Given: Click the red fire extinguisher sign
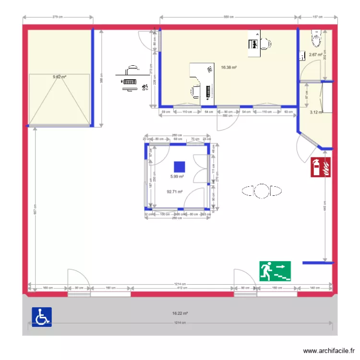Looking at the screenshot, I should coord(321,168).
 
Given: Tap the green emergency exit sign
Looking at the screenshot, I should coord(276,271).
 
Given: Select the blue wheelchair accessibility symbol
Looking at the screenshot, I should coord(42,317).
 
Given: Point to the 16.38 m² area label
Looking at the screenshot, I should coord(228,68).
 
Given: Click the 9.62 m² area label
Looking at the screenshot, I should coord(59,76).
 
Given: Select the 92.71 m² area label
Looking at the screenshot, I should coord(174,192).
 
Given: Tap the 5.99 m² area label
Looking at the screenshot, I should coord(177,177).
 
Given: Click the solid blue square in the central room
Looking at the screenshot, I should coord(179,167).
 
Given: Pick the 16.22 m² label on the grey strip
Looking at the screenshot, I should coord(180,313).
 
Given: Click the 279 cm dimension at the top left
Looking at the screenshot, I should coord(58,17).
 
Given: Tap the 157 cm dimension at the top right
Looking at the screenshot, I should coord(317,17).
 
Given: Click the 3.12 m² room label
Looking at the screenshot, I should coord(316,112).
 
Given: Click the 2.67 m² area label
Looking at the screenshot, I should coord(315,55).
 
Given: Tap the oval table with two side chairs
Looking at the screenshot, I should coord(262,191).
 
